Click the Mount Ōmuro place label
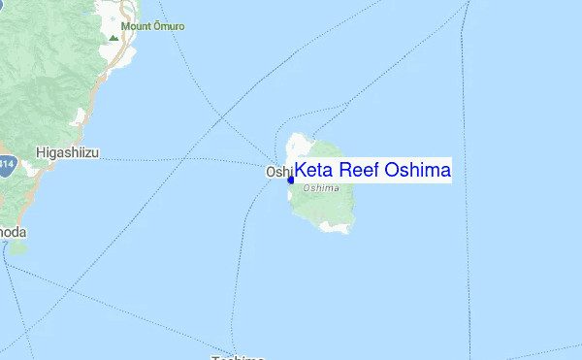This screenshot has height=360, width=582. coord(152,26)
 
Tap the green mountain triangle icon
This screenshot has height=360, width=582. coord(113,38)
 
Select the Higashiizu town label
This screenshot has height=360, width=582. coord(67,152)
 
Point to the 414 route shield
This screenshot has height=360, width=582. coord(6,166)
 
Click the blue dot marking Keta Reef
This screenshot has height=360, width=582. coord(291,180)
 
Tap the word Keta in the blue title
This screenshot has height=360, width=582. coord(313,171)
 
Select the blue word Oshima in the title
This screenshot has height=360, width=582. coord(418,171)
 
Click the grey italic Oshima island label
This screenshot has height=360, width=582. coord(321,188)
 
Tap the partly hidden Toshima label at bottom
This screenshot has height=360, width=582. coord(238,356)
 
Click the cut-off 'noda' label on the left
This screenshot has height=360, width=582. coord(13,233)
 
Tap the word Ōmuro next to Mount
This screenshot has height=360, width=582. coord(169,26)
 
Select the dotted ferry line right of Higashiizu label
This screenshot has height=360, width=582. coord(175,158)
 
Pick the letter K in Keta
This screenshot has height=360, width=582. coord(301,171)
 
